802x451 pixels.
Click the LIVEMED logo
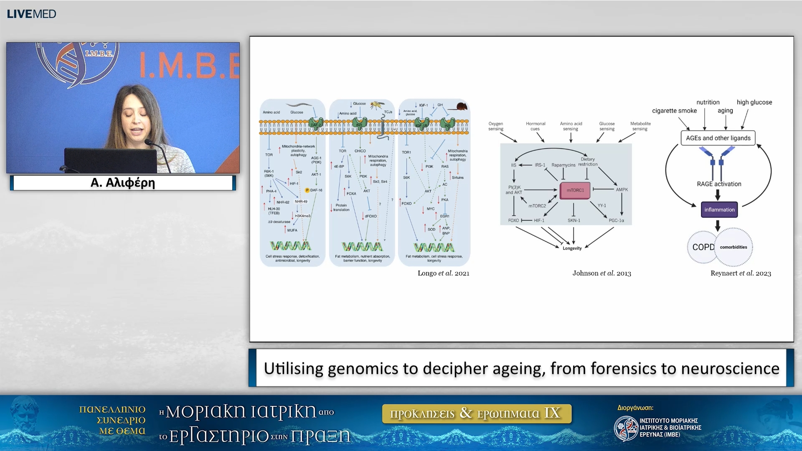31,14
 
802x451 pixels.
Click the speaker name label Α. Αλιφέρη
123,183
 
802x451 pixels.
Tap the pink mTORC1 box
575,190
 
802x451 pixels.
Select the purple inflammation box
719,210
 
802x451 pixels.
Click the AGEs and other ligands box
718,138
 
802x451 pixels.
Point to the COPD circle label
703,247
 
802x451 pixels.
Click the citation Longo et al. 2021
443,273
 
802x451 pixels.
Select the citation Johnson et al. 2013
601,273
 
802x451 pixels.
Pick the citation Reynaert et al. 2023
741,273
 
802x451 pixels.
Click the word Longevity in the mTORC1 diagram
572,248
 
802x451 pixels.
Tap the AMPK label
622,190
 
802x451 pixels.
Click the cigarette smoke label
674,111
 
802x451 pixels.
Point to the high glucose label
754,102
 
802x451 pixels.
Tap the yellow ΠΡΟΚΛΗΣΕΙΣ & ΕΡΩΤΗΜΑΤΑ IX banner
476,413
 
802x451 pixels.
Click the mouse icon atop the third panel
461,106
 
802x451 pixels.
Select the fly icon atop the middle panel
377,104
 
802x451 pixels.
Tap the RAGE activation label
719,184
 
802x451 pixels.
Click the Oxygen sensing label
495,126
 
